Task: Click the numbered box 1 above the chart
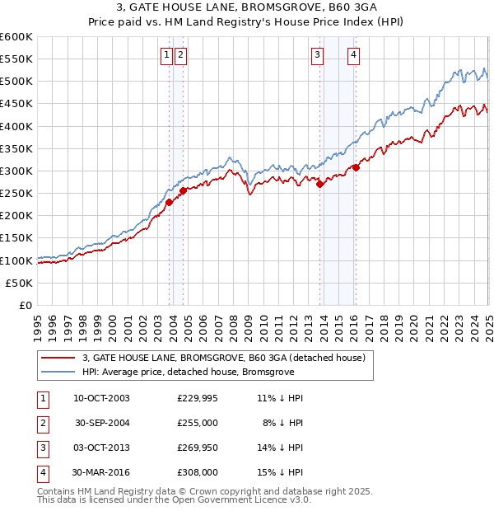click(166, 55)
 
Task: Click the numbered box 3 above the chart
click(317, 55)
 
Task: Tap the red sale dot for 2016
click(356, 167)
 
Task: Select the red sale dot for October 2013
click(320, 185)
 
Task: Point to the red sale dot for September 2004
click(183, 191)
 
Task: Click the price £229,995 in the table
click(198, 398)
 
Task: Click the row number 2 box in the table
click(41, 423)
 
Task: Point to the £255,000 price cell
click(198, 423)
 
